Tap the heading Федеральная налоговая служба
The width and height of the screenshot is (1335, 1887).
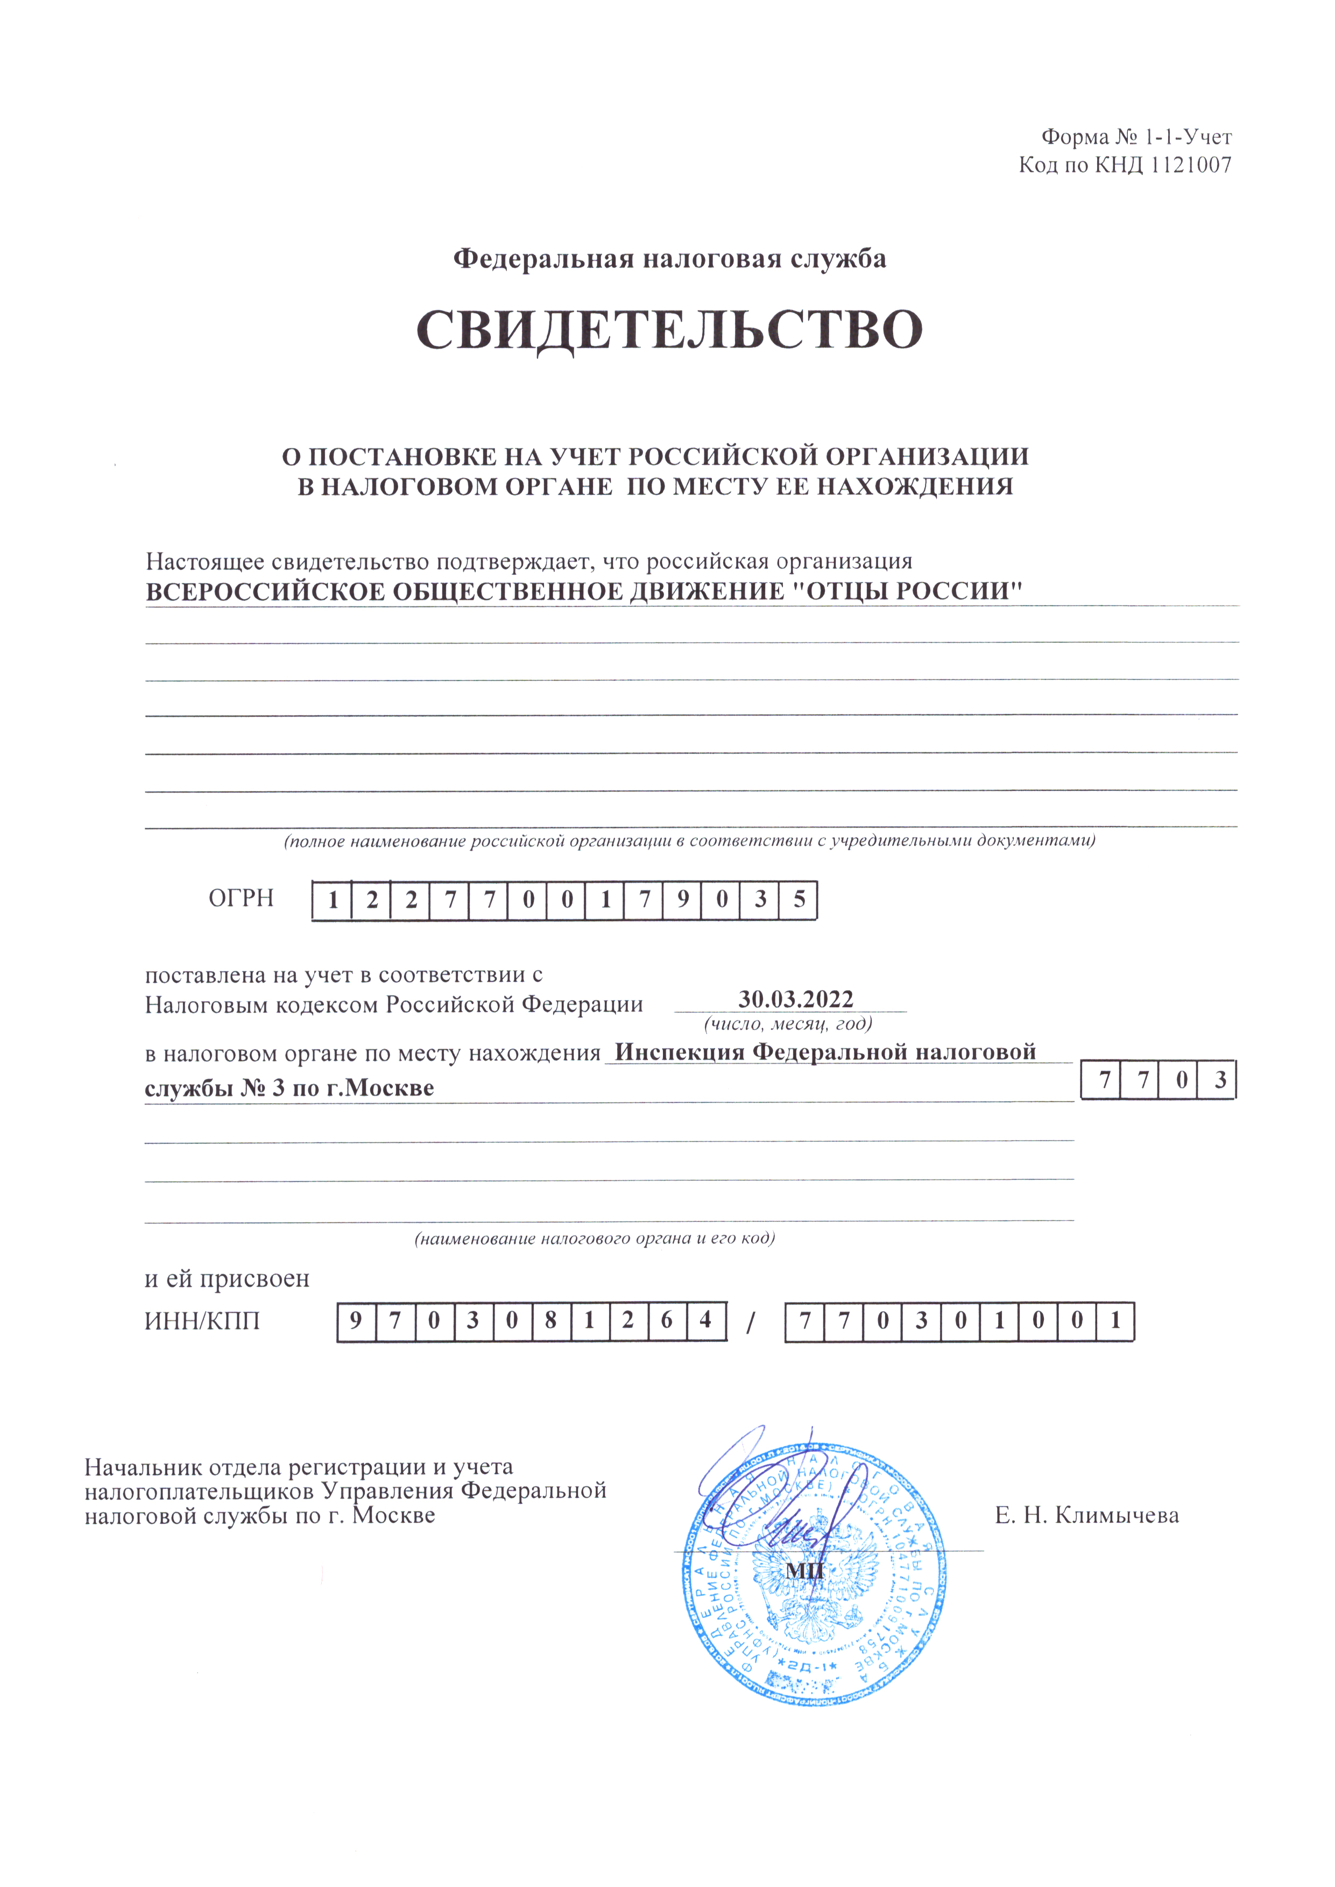pos(669,259)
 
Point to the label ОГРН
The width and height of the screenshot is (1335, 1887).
pos(241,897)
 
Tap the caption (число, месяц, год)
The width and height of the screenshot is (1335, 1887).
pos(788,1024)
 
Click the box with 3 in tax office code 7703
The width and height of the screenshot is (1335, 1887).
pos(1220,1079)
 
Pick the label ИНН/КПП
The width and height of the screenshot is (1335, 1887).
pos(202,1321)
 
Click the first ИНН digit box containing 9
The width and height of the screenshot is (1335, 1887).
pos(356,1321)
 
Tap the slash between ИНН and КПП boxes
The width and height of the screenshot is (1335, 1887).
pos(750,1323)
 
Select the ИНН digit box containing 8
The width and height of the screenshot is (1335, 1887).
pos(551,1321)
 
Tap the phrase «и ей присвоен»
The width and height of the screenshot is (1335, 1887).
pos(227,1279)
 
